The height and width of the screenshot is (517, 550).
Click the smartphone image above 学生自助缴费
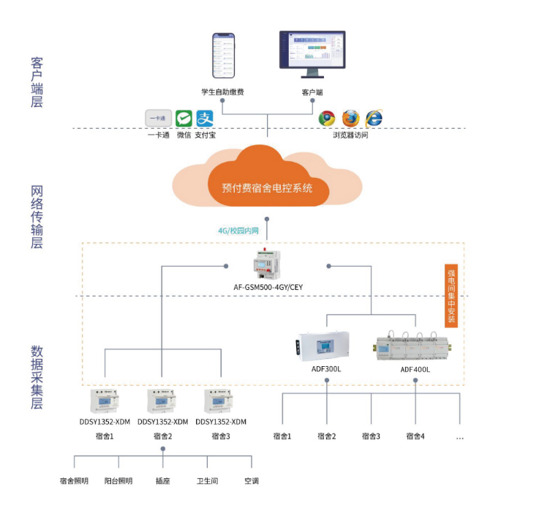click(x=223, y=56)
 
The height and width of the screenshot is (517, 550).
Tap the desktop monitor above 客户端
click(x=312, y=53)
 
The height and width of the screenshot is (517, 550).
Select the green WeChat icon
click(x=184, y=119)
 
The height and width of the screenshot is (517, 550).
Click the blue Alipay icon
click(x=205, y=119)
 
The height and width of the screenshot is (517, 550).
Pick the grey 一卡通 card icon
click(x=158, y=119)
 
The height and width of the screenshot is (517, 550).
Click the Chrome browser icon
click(x=327, y=119)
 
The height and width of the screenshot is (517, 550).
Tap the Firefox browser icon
click(x=350, y=119)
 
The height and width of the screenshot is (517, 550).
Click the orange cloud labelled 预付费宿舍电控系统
click(x=267, y=179)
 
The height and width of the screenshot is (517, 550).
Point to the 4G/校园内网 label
click(x=238, y=230)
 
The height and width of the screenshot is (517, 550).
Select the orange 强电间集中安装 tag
click(x=452, y=295)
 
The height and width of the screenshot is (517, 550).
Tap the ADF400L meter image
click(x=415, y=344)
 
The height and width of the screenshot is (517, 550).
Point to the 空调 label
click(x=251, y=481)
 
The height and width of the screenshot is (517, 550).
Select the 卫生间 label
click(x=207, y=481)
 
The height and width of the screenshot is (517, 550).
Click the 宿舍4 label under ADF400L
click(x=415, y=436)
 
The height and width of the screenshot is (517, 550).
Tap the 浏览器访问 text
click(x=350, y=135)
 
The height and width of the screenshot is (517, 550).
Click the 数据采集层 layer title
click(x=37, y=376)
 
